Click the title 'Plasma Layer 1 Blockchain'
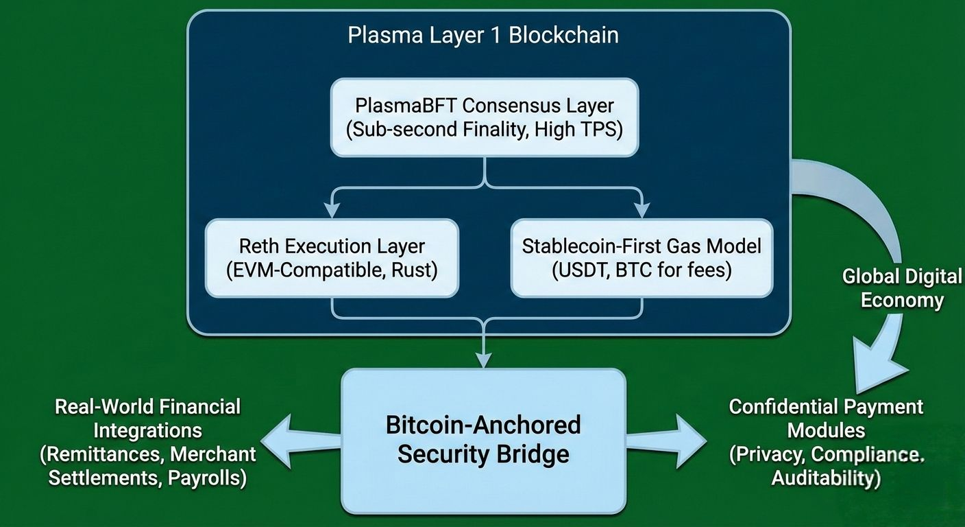point(483,36)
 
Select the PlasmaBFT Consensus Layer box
point(485,117)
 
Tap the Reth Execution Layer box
point(332,257)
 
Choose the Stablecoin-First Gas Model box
point(642,257)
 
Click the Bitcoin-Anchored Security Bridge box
point(483,441)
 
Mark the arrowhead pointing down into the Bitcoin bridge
point(484,359)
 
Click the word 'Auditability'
point(826,478)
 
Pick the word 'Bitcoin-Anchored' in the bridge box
point(483,425)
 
